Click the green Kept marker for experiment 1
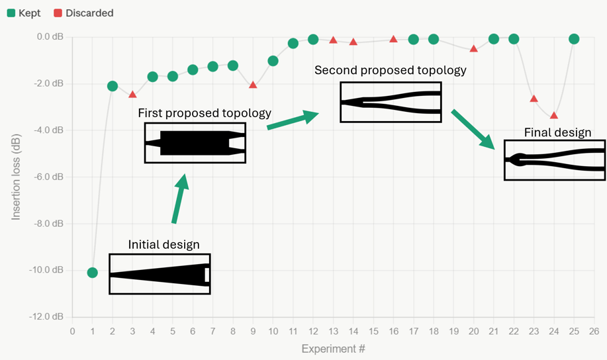pos(92,273)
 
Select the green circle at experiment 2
pos(113,86)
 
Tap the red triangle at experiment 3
pos(132,95)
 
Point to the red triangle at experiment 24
pos(554,115)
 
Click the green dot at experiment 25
pos(574,39)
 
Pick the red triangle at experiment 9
pos(253,85)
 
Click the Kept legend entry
pos(23,13)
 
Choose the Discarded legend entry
pos(84,13)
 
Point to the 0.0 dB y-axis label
pos(51,37)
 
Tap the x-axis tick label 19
pos(453,331)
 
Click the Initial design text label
pos(163,245)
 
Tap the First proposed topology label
pos(204,113)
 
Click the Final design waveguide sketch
pos(554,160)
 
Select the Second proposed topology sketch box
pos(391,102)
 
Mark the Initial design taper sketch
pos(160,274)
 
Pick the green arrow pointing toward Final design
pos(473,130)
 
